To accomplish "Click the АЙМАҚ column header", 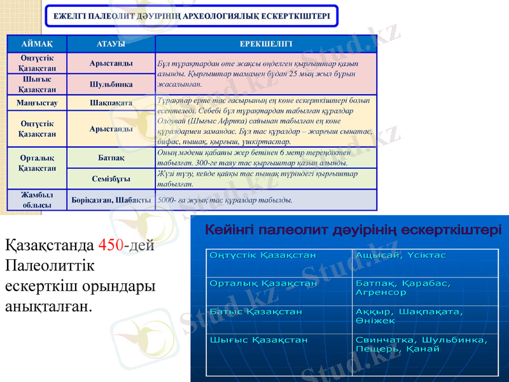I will pos(37,44).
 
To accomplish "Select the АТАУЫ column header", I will pos(111,44).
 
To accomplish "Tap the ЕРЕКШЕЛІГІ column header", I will pos(266,44).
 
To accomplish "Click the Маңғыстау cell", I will pos(37,102).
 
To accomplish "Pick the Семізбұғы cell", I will pos(111,179).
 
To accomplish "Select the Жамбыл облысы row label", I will pos(37,200).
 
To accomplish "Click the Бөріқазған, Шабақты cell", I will pos(111,200).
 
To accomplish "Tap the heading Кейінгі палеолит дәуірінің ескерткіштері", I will pos(352,229).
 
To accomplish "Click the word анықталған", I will pos(48,307).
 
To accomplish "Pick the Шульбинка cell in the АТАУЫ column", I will pos(111,84).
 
